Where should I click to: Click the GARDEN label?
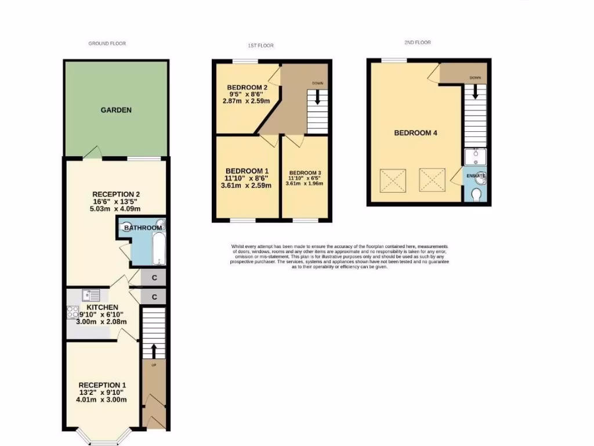[116, 110]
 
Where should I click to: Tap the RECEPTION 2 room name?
[116, 194]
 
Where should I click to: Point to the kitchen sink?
[90, 295]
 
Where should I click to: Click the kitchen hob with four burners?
[73, 312]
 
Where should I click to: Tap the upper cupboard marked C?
[154, 278]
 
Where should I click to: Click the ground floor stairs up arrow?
[154, 351]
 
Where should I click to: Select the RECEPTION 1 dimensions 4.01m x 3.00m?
[103, 400]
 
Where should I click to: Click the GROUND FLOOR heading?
[107, 44]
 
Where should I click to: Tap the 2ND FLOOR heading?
[418, 42]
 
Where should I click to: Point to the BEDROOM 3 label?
[305, 172]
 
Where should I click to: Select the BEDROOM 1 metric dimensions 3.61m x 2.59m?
[247, 186]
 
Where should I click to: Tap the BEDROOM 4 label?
[415, 133]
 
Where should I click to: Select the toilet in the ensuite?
[477, 195]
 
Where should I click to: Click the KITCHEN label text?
[103, 307]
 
